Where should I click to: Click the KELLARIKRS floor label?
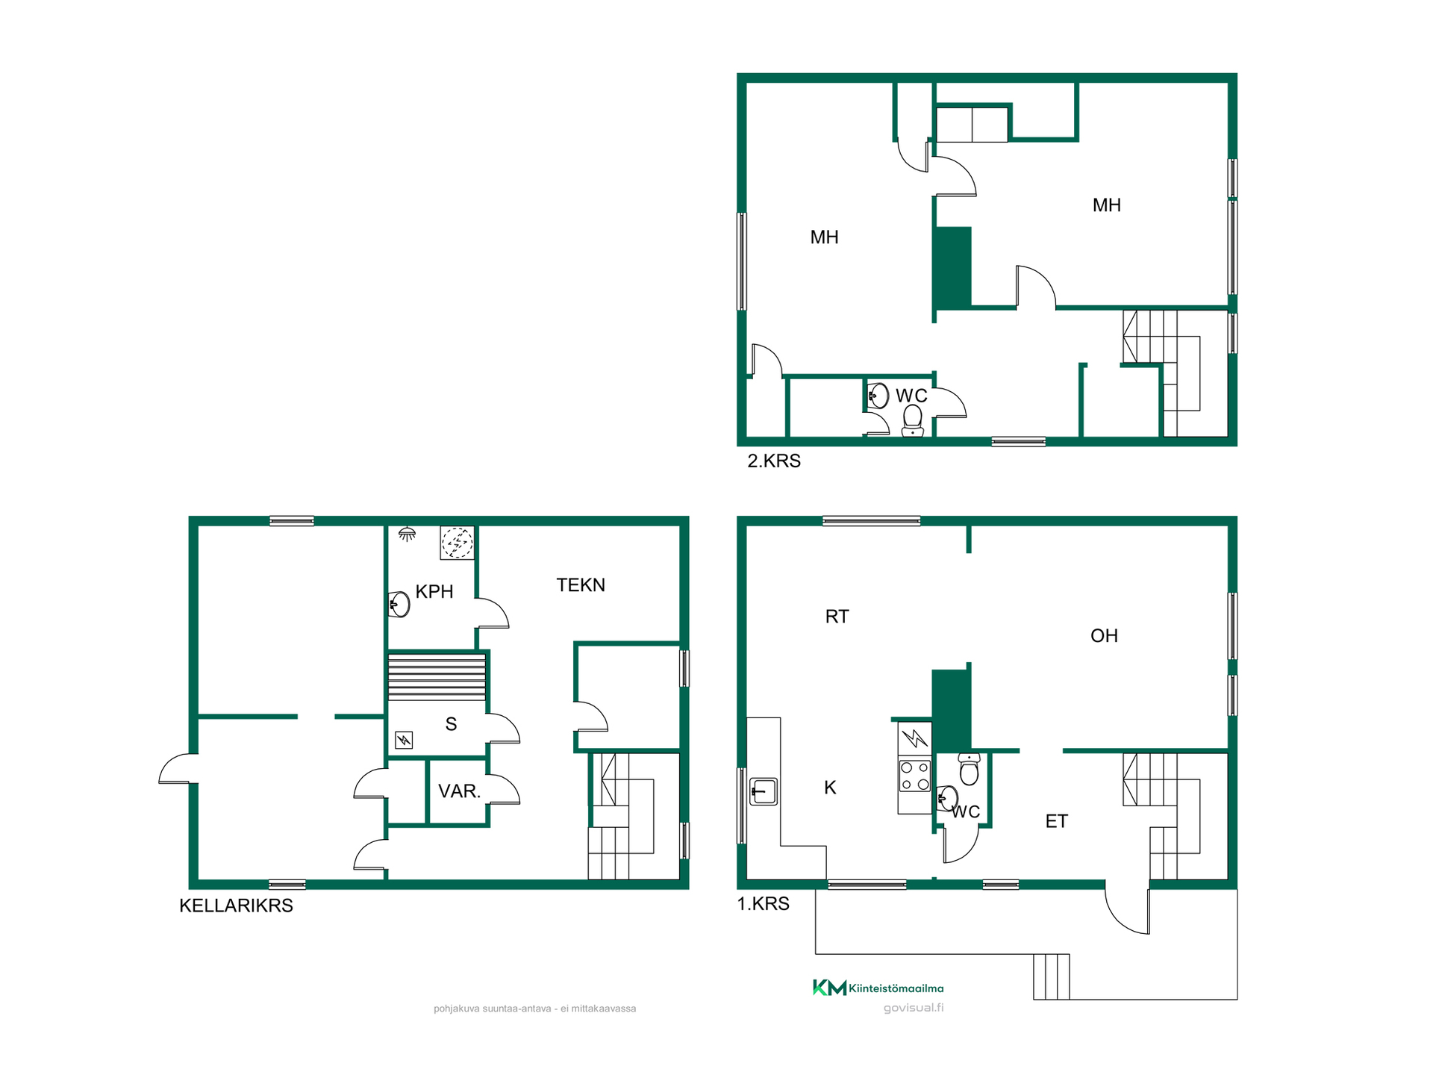coord(236,906)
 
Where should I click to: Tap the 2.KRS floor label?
coord(774,461)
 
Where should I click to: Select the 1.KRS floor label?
coord(763,903)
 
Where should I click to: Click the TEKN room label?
coord(581,585)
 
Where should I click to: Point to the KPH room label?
coord(434,591)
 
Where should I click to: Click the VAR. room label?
coord(459,791)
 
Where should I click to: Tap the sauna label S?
coord(451,723)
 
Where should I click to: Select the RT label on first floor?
coord(837,616)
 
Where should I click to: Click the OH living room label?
coord(1104,635)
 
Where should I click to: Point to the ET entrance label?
coord(1056,821)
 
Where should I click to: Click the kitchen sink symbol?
coord(764,791)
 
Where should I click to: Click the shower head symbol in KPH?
coord(407,534)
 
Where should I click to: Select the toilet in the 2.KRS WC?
coord(913,420)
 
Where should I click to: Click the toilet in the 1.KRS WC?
coord(969,769)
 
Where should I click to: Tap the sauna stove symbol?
coord(404,740)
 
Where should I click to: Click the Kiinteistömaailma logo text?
coord(896,988)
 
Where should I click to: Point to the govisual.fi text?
coord(914,1008)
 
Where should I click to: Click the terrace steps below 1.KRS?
coord(1052,976)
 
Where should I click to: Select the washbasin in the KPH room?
coord(400,604)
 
